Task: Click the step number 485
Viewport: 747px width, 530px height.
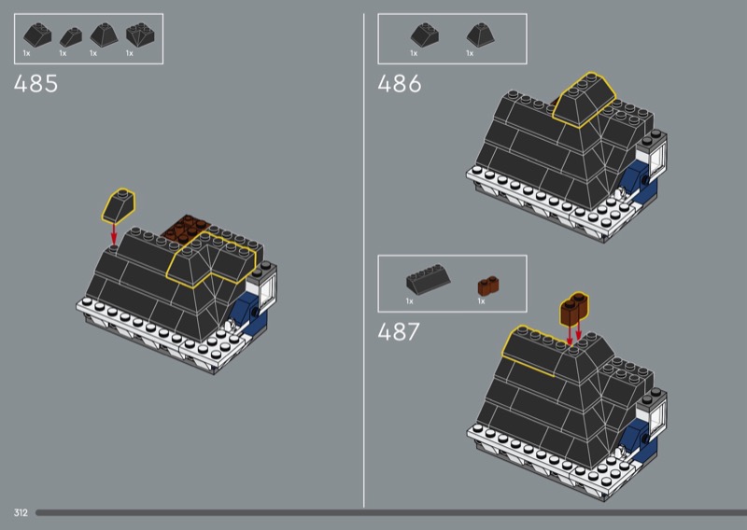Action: [35, 84]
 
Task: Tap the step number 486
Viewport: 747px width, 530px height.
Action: [400, 84]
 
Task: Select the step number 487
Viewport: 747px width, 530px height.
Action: [399, 331]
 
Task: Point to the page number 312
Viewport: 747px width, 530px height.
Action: [21, 512]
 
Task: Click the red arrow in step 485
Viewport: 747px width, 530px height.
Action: [114, 233]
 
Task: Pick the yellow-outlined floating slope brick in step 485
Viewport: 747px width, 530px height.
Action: [119, 205]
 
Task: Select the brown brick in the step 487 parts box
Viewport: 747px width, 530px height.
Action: [488, 286]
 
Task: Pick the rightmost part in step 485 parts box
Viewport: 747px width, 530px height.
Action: [140, 35]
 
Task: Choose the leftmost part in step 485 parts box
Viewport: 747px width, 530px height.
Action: [37, 35]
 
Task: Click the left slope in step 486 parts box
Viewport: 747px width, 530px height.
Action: [425, 35]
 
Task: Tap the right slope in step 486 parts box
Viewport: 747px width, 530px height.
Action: [480, 35]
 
